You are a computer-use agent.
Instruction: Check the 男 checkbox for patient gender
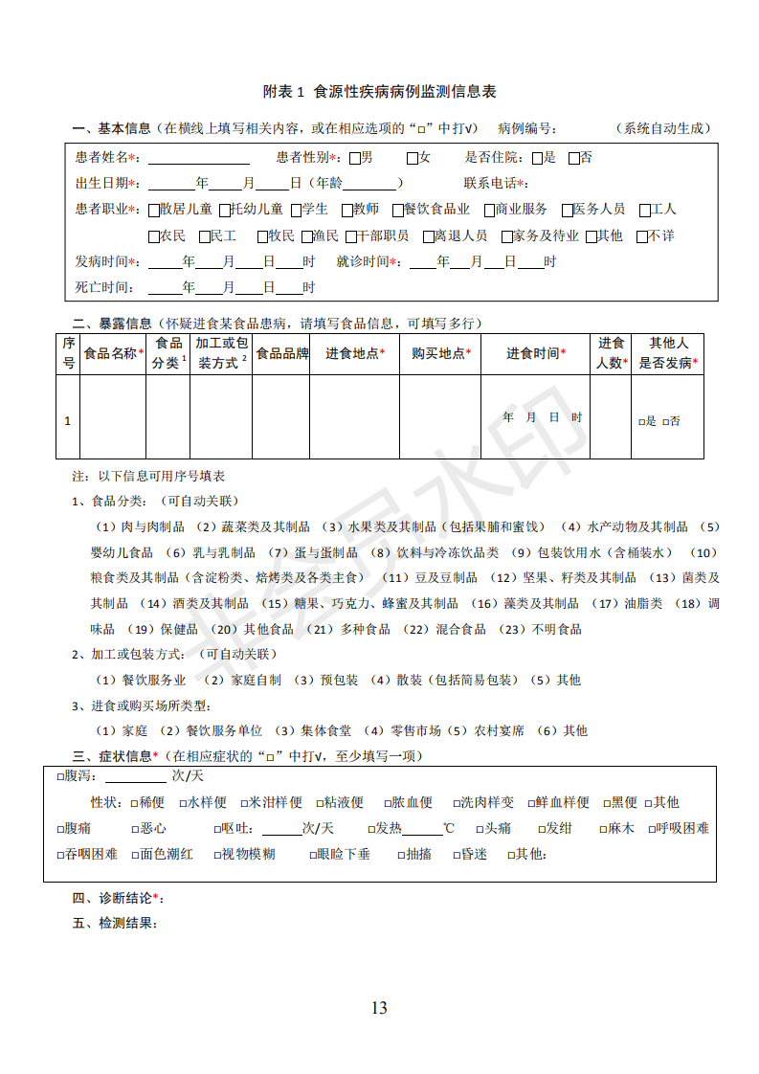355,158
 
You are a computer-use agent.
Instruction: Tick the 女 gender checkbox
413,158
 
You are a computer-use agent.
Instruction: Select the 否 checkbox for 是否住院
574,158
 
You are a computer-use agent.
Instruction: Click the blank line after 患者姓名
198,158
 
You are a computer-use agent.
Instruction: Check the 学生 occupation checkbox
296,210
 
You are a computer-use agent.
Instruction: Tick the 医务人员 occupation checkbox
568,210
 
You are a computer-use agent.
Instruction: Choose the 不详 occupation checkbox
641,235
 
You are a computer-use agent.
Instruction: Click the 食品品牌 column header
281,353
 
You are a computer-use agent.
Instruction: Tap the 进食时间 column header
535,353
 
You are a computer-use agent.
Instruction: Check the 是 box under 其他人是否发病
641,421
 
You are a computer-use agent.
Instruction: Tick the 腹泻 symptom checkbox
60,776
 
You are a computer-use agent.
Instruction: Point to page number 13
379,1007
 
